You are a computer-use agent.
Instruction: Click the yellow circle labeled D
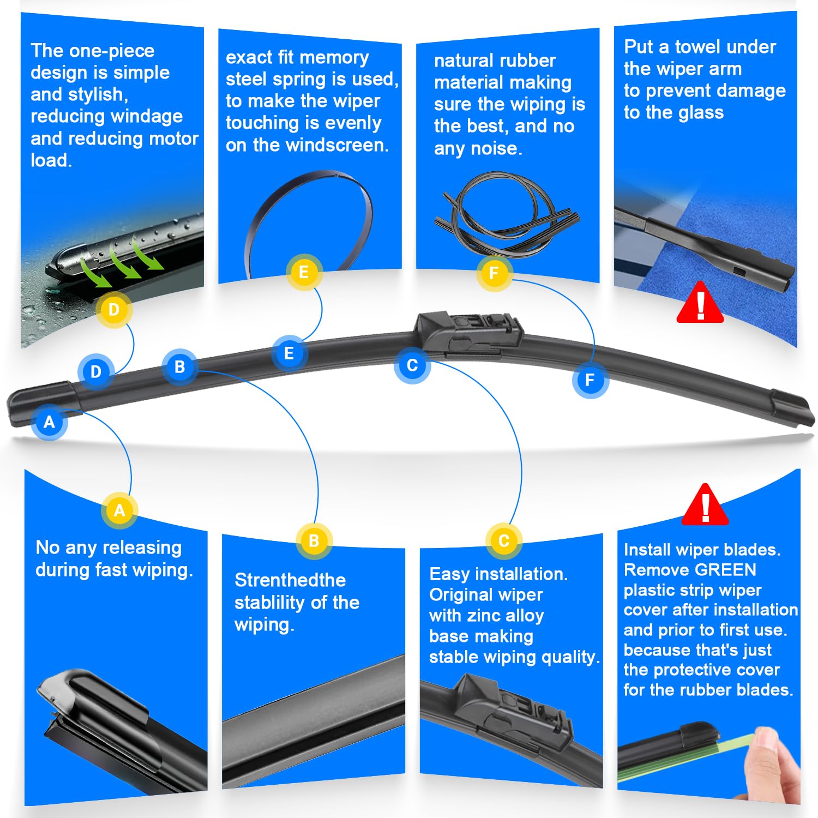(x=114, y=310)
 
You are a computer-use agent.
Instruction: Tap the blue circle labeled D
(x=96, y=372)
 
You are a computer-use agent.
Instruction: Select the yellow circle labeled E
(x=304, y=272)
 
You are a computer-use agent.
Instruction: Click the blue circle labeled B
(x=179, y=367)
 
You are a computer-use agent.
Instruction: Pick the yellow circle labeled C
(x=504, y=540)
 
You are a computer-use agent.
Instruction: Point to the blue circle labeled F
(x=590, y=380)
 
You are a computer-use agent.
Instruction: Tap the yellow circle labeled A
(x=119, y=510)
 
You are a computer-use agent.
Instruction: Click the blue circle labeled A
(x=50, y=422)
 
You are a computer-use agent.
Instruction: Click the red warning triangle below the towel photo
(x=700, y=304)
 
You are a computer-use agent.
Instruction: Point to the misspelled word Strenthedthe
(x=290, y=580)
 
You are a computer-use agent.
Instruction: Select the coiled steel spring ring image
(x=310, y=218)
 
